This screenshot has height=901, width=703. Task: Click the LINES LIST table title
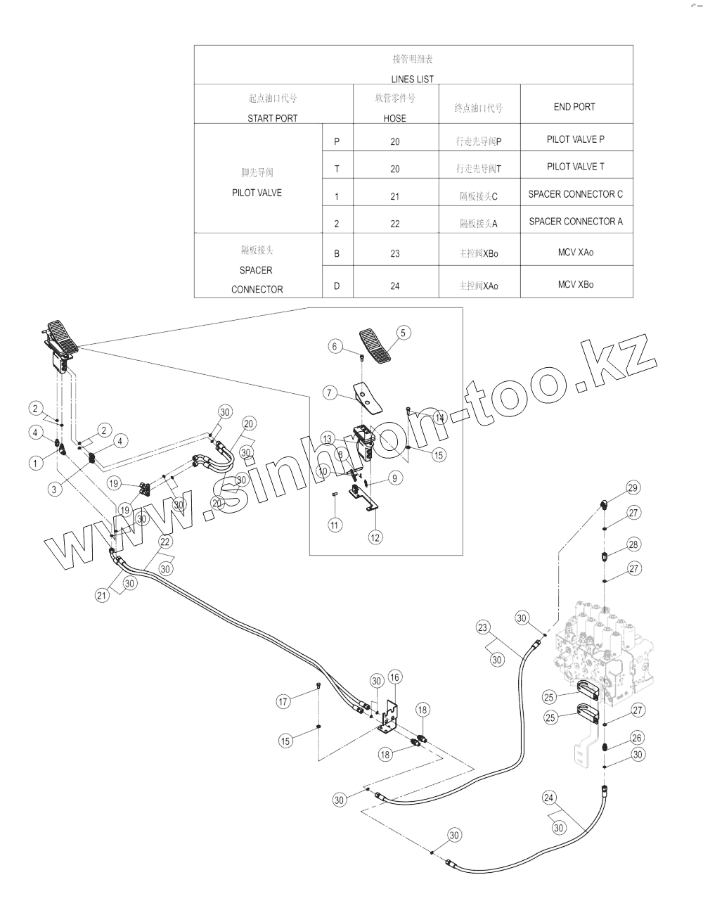413,79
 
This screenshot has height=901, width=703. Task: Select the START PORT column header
272,118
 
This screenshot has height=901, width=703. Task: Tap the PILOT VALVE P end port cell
575,139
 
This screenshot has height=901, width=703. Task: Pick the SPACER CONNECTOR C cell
575,194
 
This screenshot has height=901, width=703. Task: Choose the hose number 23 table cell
394,253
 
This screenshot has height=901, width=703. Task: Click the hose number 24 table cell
394,286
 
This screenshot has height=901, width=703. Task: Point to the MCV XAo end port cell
575,252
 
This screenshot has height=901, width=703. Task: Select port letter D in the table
337,286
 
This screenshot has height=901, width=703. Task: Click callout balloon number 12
375,537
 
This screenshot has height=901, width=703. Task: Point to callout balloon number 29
632,487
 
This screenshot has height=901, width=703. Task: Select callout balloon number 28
633,544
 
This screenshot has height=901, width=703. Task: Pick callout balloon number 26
637,738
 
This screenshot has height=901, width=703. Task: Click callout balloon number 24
550,798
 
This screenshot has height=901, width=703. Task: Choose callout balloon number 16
395,677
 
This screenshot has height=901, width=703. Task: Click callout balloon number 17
283,701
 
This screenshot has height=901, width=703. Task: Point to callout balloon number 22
165,542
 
